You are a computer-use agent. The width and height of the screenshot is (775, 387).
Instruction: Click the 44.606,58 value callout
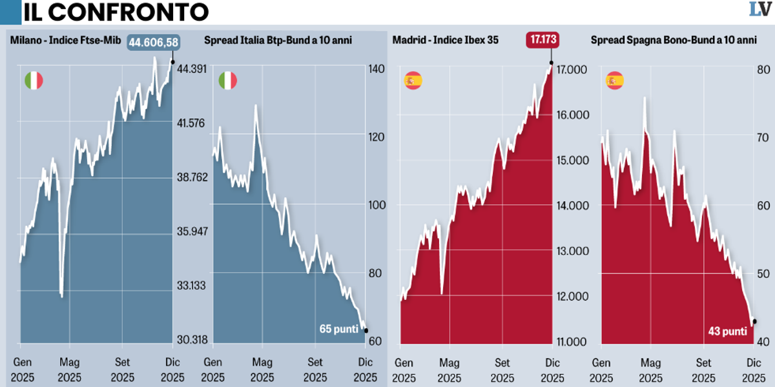(153, 43)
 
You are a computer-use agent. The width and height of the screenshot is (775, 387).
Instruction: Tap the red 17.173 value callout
(543, 39)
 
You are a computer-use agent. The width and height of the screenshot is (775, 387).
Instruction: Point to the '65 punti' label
(339, 329)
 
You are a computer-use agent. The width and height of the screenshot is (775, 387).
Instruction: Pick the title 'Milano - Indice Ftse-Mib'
(61, 41)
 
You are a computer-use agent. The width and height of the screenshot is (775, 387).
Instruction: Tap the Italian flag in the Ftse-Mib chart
(34, 81)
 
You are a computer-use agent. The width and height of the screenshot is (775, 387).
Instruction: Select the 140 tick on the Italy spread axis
(375, 69)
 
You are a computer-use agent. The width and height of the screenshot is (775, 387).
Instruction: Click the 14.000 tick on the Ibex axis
(569, 206)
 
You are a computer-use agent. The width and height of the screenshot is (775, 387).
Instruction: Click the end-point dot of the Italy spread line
(366, 330)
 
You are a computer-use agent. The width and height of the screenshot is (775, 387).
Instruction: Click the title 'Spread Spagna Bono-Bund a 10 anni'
(674, 41)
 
